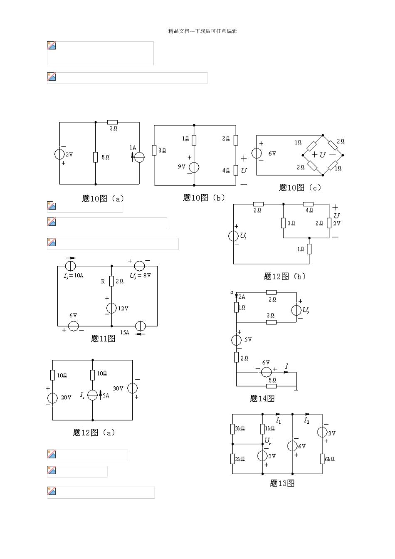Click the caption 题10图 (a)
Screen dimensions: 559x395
pos(103,199)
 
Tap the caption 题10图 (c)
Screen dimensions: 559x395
pos(300,188)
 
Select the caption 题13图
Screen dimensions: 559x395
pos(282,483)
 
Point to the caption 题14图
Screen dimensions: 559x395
pos(262,398)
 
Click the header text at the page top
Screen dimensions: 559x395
pos(202,31)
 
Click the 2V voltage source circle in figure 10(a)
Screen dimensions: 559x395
pos(59,154)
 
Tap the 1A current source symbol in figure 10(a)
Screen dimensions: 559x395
pos(139,156)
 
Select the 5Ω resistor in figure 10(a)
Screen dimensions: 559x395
pos(96,157)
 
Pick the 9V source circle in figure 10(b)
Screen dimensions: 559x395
pos(194,167)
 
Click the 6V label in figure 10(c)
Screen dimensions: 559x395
pos(272,153)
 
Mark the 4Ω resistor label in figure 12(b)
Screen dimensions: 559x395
pos(309,210)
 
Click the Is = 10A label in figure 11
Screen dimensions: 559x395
pos(74,275)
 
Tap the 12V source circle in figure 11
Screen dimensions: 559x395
pos(111,308)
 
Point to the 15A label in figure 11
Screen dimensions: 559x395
pos(125,332)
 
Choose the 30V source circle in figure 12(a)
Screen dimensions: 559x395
pos(132,388)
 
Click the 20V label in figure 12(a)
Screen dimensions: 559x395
pos(66,398)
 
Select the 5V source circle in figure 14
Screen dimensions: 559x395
pos(236,340)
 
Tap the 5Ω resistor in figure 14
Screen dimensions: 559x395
pos(272,386)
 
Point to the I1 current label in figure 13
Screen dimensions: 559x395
pos(279,421)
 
